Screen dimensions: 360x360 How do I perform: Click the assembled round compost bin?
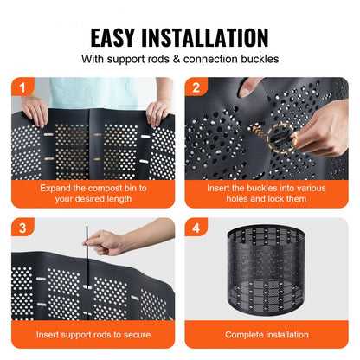267,275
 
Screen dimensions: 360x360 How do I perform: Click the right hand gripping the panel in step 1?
157,112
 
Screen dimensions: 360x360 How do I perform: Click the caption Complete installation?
267,334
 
